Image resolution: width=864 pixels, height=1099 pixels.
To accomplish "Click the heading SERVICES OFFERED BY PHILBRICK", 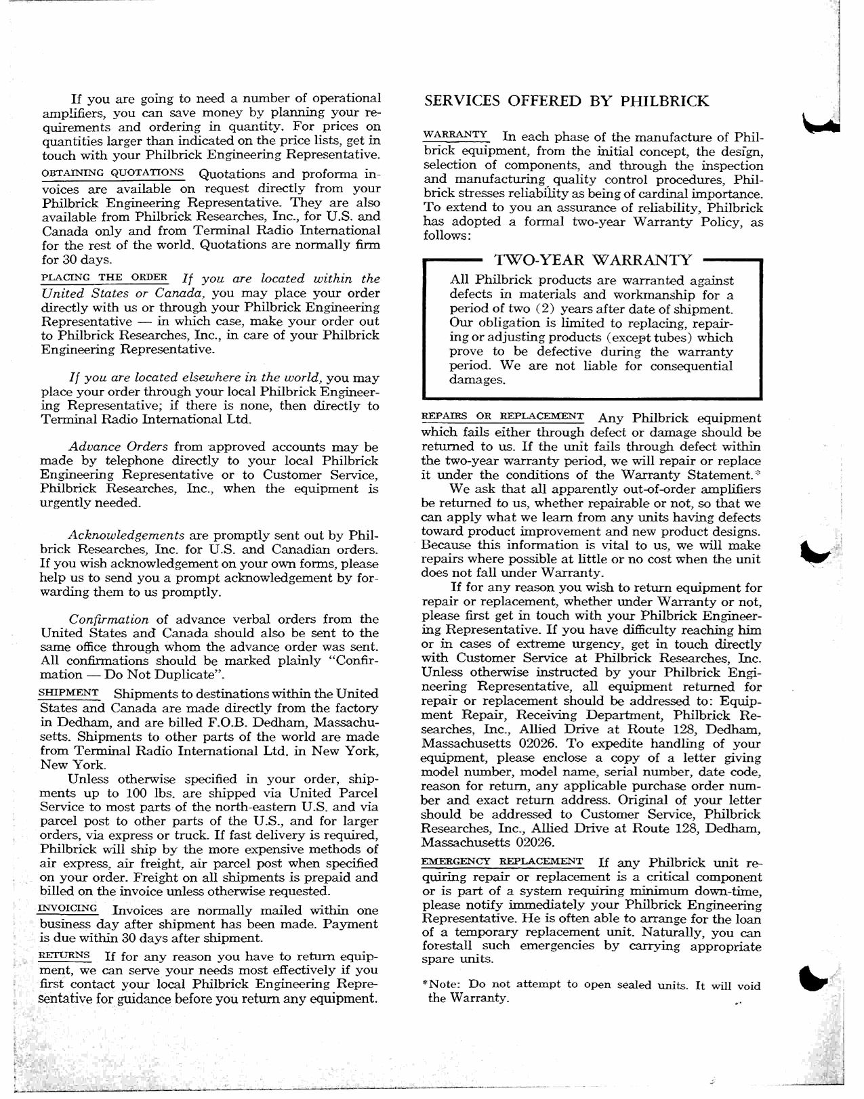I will point(566,102).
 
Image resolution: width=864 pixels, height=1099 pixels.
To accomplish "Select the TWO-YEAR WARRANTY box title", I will point(593,260).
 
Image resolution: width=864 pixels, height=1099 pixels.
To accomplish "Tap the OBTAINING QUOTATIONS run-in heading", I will point(112,172).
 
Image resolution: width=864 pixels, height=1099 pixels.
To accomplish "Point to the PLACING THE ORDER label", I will point(104,277).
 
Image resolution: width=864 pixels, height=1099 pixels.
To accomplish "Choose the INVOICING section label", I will point(68,908).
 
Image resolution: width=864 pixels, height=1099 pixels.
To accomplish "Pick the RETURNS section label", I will point(65,955).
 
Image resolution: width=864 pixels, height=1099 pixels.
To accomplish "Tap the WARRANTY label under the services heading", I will point(455,135).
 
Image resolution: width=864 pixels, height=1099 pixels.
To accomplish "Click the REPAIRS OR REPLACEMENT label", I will point(502,416).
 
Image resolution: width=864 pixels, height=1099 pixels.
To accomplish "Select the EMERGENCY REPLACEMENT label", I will point(501,861).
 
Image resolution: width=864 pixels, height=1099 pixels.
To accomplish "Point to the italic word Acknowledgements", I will point(126,535).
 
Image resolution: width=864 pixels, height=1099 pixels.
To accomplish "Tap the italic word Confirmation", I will point(108,619).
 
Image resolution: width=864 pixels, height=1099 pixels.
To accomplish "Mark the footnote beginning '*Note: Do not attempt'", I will point(590,992).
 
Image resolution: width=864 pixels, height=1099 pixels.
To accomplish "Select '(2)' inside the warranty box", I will point(537,309).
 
